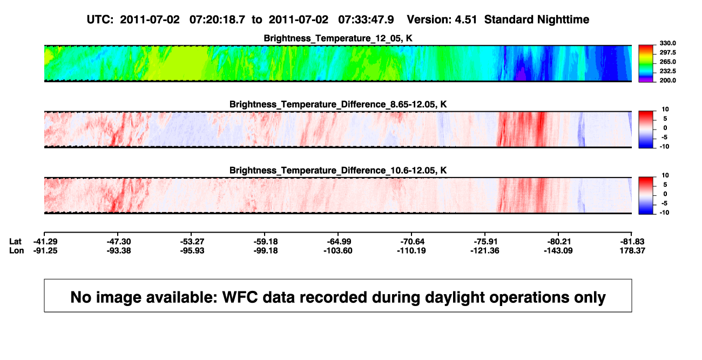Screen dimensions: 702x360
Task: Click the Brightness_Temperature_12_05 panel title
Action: pyautogui.click(x=338, y=38)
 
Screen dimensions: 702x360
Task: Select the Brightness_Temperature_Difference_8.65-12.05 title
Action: pyautogui.click(x=338, y=104)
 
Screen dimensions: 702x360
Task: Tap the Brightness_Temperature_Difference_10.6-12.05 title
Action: pyautogui.click(x=338, y=171)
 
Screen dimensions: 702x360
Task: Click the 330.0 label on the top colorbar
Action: pyautogui.click(x=667, y=43)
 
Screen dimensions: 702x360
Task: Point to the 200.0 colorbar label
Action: pyautogui.click(x=667, y=80)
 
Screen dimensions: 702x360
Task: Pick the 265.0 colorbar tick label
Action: pyautogui.click(x=667, y=62)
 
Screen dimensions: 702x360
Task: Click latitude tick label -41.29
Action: pyautogui.click(x=45, y=242)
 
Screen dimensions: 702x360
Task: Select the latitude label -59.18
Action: pyautogui.click(x=266, y=242)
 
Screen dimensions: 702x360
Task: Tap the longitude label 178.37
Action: pyautogui.click(x=632, y=250)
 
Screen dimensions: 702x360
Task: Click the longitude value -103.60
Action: pyautogui.click(x=338, y=250)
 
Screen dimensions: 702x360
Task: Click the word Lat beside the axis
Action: pyautogui.click(x=15, y=242)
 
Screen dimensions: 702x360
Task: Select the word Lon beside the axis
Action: pyautogui.click(x=16, y=250)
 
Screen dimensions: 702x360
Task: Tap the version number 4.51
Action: pyautogui.click(x=466, y=20)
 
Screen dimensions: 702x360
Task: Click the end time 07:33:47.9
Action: pyautogui.click(x=366, y=20)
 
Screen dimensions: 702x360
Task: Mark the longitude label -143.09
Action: pyautogui.click(x=558, y=250)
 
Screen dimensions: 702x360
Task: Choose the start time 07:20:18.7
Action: pyautogui.click(x=217, y=20)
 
